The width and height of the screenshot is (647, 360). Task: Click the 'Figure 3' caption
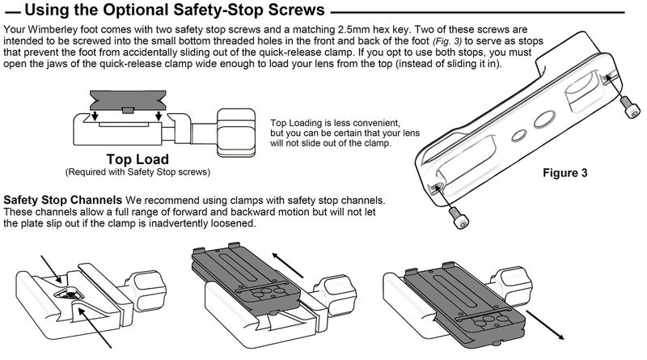(x=565, y=172)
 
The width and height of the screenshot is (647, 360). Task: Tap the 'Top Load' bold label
(x=137, y=159)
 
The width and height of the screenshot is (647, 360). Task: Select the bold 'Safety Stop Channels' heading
(x=63, y=201)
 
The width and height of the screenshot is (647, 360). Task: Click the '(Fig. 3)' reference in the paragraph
(x=447, y=41)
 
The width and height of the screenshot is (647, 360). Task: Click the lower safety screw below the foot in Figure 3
(x=459, y=218)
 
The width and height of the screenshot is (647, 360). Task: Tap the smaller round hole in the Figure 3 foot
(x=519, y=135)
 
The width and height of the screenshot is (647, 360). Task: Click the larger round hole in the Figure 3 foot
(x=544, y=119)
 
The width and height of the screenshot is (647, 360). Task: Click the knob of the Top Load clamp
(x=236, y=133)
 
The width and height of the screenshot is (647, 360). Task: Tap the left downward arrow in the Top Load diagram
(x=95, y=116)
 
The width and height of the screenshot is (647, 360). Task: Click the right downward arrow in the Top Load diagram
(x=159, y=116)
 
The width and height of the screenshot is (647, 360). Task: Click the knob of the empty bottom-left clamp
(x=147, y=290)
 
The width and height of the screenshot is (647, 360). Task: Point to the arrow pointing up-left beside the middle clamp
(x=288, y=265)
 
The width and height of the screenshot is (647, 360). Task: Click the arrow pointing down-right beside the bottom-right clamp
(x=545, y=325)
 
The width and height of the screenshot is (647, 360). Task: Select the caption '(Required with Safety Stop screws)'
(x=137, y=172)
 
